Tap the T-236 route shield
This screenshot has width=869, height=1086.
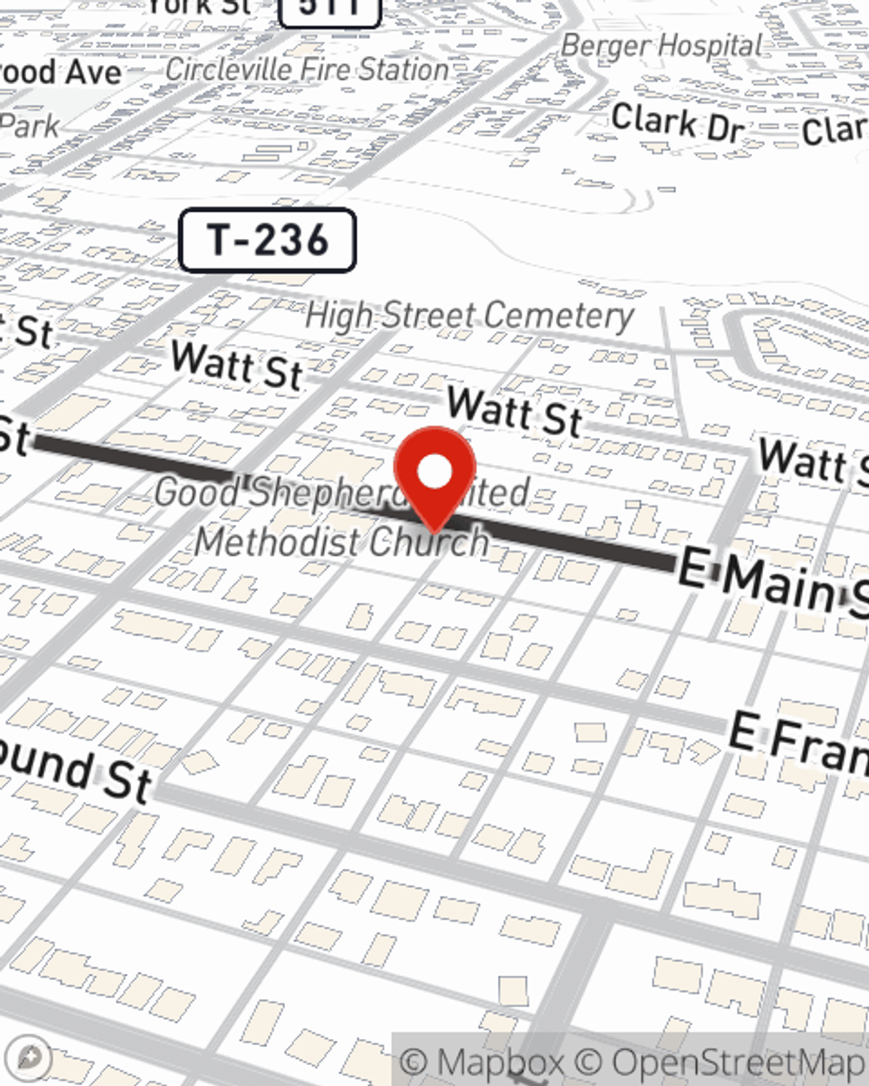pyautogui.click(x=268, y=240)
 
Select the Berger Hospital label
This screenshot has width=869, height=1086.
pyautogui.click(x=661, y=45)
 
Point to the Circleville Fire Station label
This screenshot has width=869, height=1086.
pyautogui.click(x=307, y=70)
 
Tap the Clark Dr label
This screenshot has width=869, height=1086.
pyautogui.click(x=677, y=122)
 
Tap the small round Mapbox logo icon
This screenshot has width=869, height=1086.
pyautogui.click(x=30, y=1057)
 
